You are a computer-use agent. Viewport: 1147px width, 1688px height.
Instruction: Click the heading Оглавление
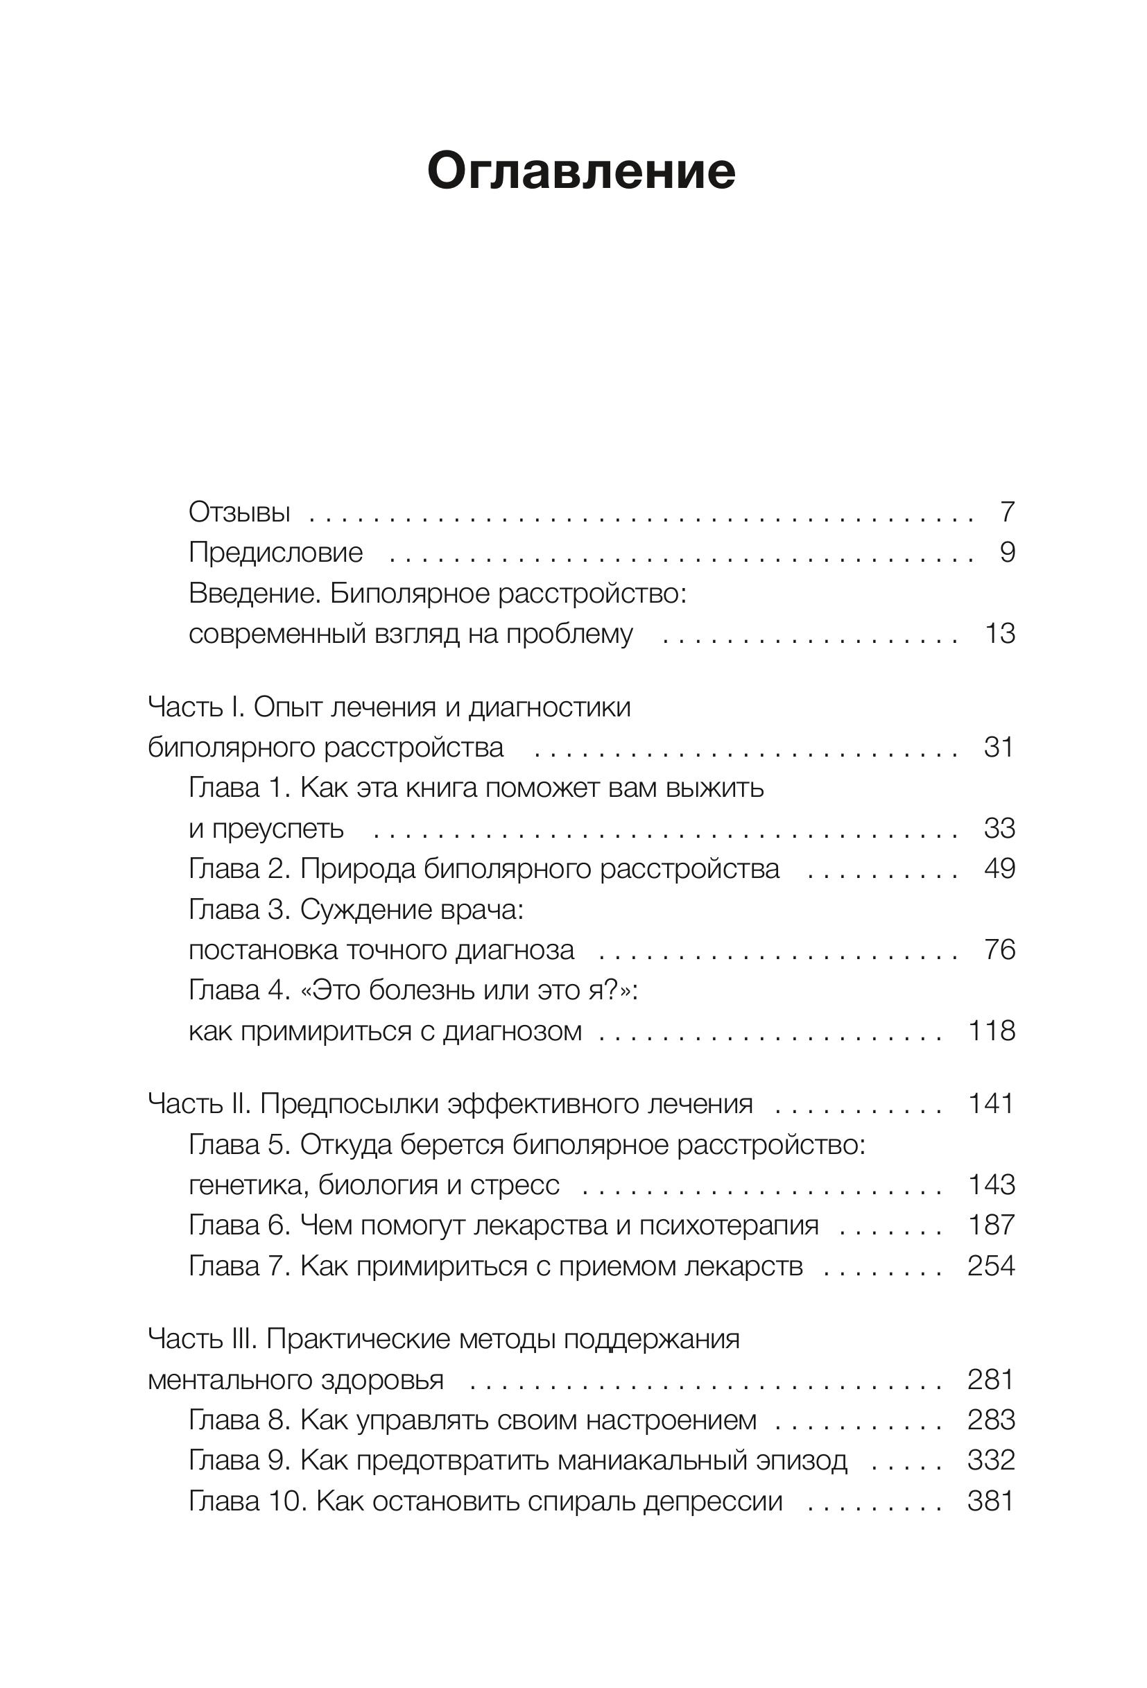(580, 171)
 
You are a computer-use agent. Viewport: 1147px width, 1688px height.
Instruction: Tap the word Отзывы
(239, 512)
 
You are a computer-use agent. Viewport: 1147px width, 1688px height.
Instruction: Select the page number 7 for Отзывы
(1007, 512)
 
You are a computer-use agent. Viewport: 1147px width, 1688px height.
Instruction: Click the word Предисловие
(275, 553)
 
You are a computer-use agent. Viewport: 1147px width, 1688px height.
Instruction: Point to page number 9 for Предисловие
(1007, 553)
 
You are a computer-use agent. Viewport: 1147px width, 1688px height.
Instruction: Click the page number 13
(999, 633)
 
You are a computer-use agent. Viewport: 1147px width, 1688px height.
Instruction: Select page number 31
(998, 748)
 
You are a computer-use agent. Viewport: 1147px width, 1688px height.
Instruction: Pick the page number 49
(999, 869)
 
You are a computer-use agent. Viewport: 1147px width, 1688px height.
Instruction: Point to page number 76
(999, 949)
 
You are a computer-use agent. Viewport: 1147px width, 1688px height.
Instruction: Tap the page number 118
(991, 1031)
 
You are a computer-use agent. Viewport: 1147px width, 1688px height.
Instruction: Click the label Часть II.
(199, 1104)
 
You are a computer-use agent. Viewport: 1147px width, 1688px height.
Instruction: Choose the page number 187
(991, 1225)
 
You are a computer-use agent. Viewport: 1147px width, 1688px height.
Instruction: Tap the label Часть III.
(202, 1339)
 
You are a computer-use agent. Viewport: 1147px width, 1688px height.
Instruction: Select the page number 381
(991, 1501)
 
